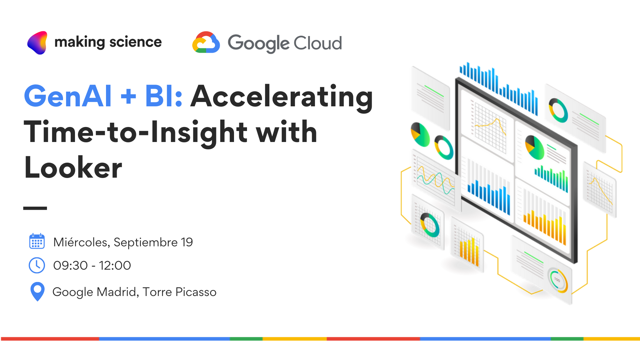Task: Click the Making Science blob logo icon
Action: [x=37, y=43]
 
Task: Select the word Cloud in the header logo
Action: [x=318, y=43]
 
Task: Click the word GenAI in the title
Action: [x=68, y=96]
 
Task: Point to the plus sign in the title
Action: [x=128, y=97]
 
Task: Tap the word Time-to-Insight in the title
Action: [x=136, y=133]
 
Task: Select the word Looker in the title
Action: [x=73, y=168]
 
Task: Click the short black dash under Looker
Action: [x=35, y=208]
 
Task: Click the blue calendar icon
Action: [x=37, y=241]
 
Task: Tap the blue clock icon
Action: [x=37, y=265]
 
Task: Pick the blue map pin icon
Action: [x=37, y=292]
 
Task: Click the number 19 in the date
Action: [x=187, y=242]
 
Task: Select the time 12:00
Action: [x=115, y=266]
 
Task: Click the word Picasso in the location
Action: [x=196, y=292]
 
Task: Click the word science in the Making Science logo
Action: [x=136, y=42]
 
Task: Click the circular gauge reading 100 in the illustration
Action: [x=557, y=280]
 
